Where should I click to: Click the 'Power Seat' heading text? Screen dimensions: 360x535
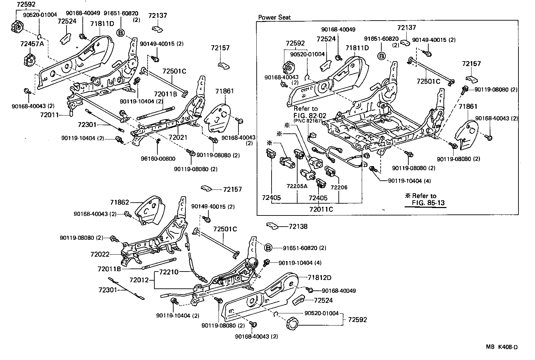click(274, 17)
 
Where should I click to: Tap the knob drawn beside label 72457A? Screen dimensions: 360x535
click(29, 61)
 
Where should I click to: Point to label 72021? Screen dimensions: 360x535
click(178, 138)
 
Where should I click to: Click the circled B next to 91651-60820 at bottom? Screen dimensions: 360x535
click(267, 248)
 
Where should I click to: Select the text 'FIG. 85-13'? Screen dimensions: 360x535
click(428, 203)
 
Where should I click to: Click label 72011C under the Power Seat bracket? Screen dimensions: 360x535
click(321, 209)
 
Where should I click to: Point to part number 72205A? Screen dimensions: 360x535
click(297, 186)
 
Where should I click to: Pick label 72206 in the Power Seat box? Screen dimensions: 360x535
click(339, 187)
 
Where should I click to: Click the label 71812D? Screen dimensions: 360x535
click(319, 278)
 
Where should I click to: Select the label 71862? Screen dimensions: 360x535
click(119, 202)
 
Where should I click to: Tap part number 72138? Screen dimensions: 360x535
click(298, 226)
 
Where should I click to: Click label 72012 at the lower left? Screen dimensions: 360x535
click(139, 280)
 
